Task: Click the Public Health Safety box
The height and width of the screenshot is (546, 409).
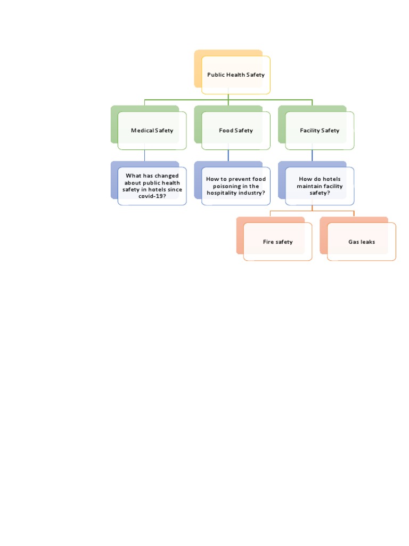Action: click(235, 75)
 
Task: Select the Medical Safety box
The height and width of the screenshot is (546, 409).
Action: click(152, 131)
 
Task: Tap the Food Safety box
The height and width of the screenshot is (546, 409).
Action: click(235, 131)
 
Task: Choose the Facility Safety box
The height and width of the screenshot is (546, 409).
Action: click(320, 131)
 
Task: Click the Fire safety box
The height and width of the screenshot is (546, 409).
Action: click(277, 242)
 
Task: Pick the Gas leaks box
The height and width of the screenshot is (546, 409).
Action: click(362, 242)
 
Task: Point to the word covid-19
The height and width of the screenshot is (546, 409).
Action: click(152, 196)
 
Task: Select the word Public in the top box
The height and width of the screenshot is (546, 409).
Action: click(216, 75)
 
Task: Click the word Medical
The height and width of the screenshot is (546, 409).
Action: click(142, 131)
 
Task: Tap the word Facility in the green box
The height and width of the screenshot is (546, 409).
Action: click(309, 131)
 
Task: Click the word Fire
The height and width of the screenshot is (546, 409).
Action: click(268, 242)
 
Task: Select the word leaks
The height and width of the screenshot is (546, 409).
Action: click(367, 242)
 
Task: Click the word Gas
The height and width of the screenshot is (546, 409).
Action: click(354, 242)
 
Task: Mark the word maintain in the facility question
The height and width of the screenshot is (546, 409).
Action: click(309, 186)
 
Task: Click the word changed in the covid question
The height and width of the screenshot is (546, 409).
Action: click(166, 175)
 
